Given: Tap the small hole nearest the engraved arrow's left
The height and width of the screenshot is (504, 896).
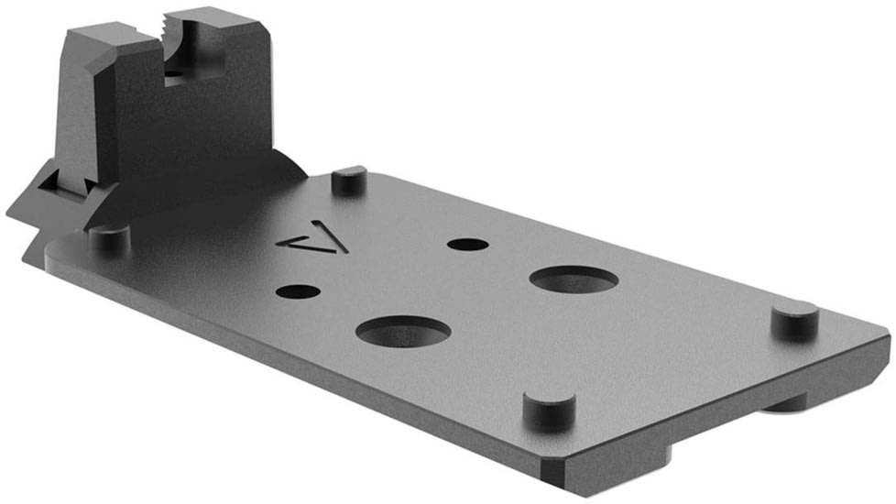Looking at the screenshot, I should point(298,292).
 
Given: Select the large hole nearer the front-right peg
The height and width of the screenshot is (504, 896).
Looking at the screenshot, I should point(574,279).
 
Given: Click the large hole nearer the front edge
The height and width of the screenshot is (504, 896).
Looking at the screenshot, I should point(403,331).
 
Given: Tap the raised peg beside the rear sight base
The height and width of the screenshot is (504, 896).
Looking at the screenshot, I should point(349,179).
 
